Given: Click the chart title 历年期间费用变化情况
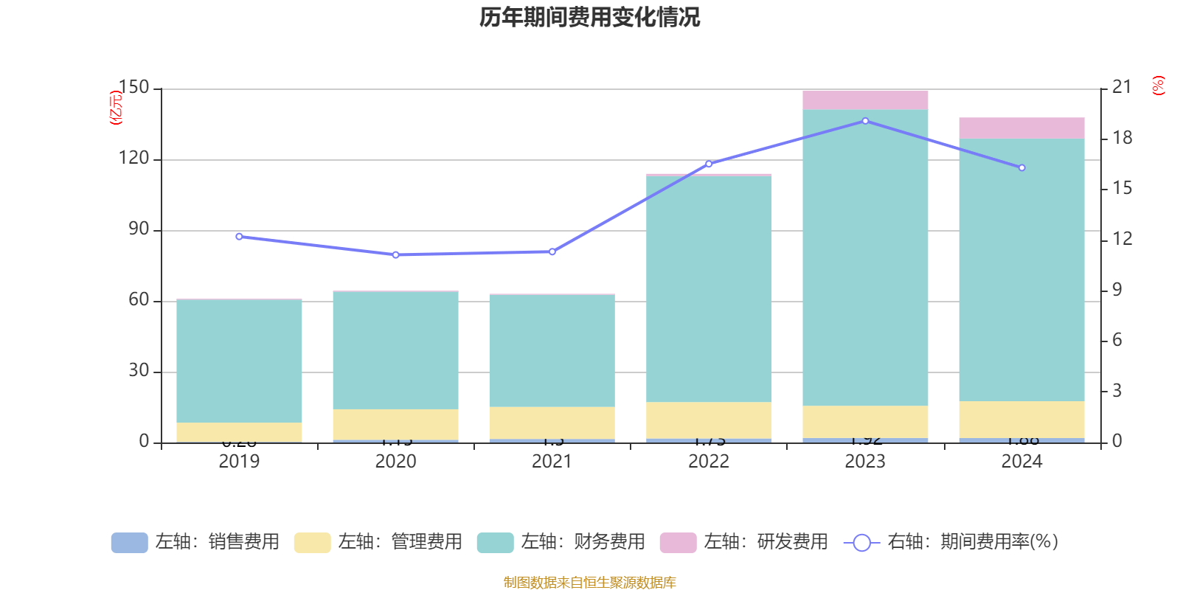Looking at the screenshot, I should coord(589,17).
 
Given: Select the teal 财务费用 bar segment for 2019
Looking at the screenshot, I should coord(239,361).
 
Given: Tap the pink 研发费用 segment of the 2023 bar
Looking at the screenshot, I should coord(865,100).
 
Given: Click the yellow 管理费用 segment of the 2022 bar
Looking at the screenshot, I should coord(709,420).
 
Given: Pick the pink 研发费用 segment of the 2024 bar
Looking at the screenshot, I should coord(1021,128).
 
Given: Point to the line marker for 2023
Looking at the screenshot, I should coord(865,121).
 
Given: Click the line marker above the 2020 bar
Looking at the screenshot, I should coord(395,255).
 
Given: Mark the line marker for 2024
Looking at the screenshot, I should coord(1021,168).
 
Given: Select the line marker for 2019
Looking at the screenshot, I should coord(239,237).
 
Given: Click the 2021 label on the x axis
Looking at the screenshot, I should coord(552,462).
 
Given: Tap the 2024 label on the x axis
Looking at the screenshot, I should coord(1021,462).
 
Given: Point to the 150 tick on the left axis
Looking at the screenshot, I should coord(133,88).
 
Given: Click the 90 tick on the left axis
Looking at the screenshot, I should coord(139,229).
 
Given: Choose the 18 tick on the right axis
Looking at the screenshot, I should coord(1122,138).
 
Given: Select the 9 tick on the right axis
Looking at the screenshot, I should coord(1117,290).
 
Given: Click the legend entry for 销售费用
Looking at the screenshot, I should coord(195,542).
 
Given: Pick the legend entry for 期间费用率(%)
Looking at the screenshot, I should coord(951,542).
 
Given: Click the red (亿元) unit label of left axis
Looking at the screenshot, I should coord(116,108).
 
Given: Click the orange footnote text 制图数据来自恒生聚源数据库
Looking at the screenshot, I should coord(589,583).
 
